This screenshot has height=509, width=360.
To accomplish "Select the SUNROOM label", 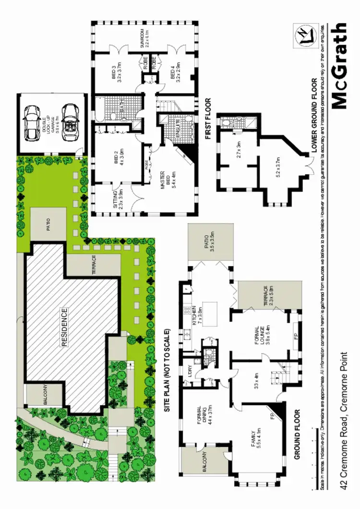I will [145, 36].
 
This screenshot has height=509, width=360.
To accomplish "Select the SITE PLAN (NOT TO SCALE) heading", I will [168, 370].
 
